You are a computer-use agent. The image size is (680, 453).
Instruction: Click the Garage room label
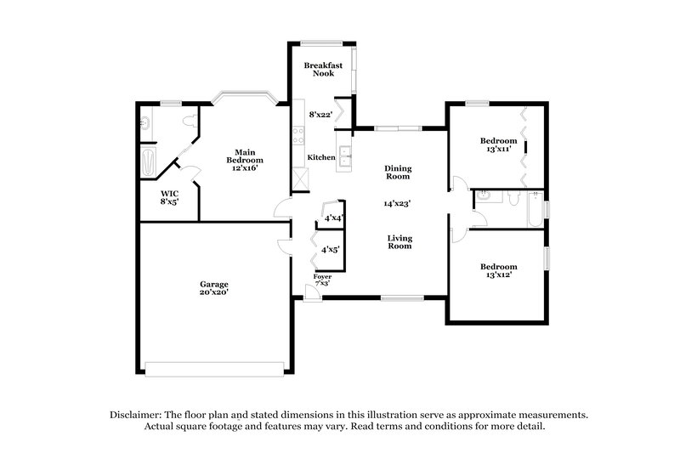coord(214,287)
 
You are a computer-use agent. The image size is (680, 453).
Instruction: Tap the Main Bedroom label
coord(243,159)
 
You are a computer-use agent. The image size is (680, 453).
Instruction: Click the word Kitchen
coord(321,158)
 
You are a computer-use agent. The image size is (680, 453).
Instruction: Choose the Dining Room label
coord(398,173)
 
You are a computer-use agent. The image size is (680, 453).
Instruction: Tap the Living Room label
coord(399,242)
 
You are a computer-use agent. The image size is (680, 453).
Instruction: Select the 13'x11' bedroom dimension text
coord(498,150)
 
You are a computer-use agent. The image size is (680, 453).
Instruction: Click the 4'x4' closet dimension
coord(332,219)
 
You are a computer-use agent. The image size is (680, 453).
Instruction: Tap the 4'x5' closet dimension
coord(331,250)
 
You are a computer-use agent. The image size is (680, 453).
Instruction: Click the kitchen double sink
coord(347,156)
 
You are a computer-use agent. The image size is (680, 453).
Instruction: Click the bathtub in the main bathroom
coord(149,161)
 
